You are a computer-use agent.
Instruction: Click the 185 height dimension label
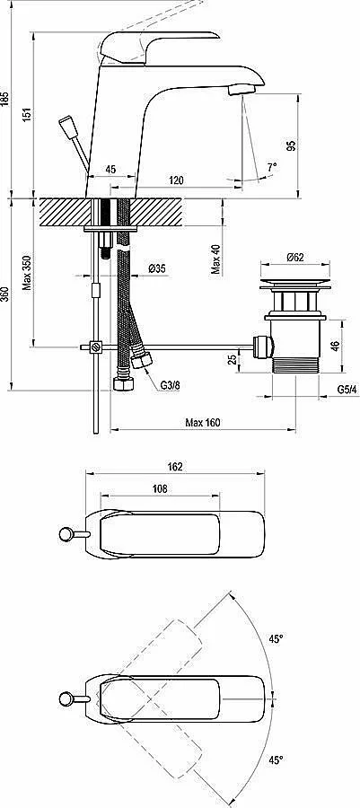click(x=5, y=99)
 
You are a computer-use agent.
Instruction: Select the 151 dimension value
click(x=27, y=114)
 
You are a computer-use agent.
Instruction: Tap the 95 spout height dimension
click(x=292, y=145)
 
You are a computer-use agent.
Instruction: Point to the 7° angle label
click(x=272, y=166)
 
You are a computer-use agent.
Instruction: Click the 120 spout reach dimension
click(x=176, y=180)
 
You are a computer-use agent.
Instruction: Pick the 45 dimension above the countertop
click(x=110, y=169)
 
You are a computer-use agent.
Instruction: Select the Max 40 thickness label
click(x=217, y=259)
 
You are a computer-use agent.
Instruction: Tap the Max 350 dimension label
click(x=27, y=273)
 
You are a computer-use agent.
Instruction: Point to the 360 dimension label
click(x=5, y=294)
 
